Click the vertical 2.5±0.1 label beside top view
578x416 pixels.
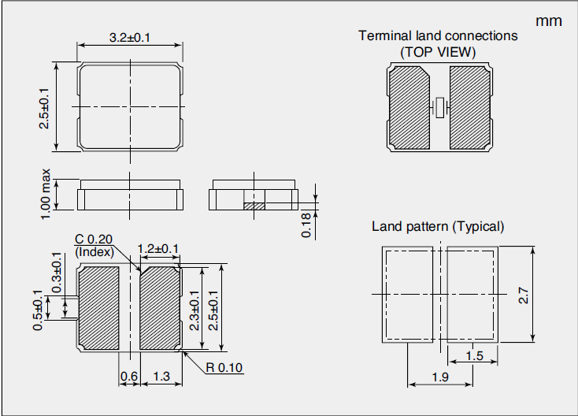[44, 108]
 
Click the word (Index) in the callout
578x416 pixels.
[94, 252]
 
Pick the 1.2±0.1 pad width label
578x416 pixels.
[158, 249]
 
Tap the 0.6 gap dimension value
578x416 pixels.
[128, 377]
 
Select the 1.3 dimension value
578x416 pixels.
[162, 377]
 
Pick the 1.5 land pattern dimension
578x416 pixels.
[474, 356]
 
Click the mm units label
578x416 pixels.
[549, 21]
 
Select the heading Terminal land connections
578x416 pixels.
[438, 35]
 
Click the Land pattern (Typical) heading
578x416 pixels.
[438, 227]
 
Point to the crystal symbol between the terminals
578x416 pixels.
[439, 106]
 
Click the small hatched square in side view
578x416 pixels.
[251, 206]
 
